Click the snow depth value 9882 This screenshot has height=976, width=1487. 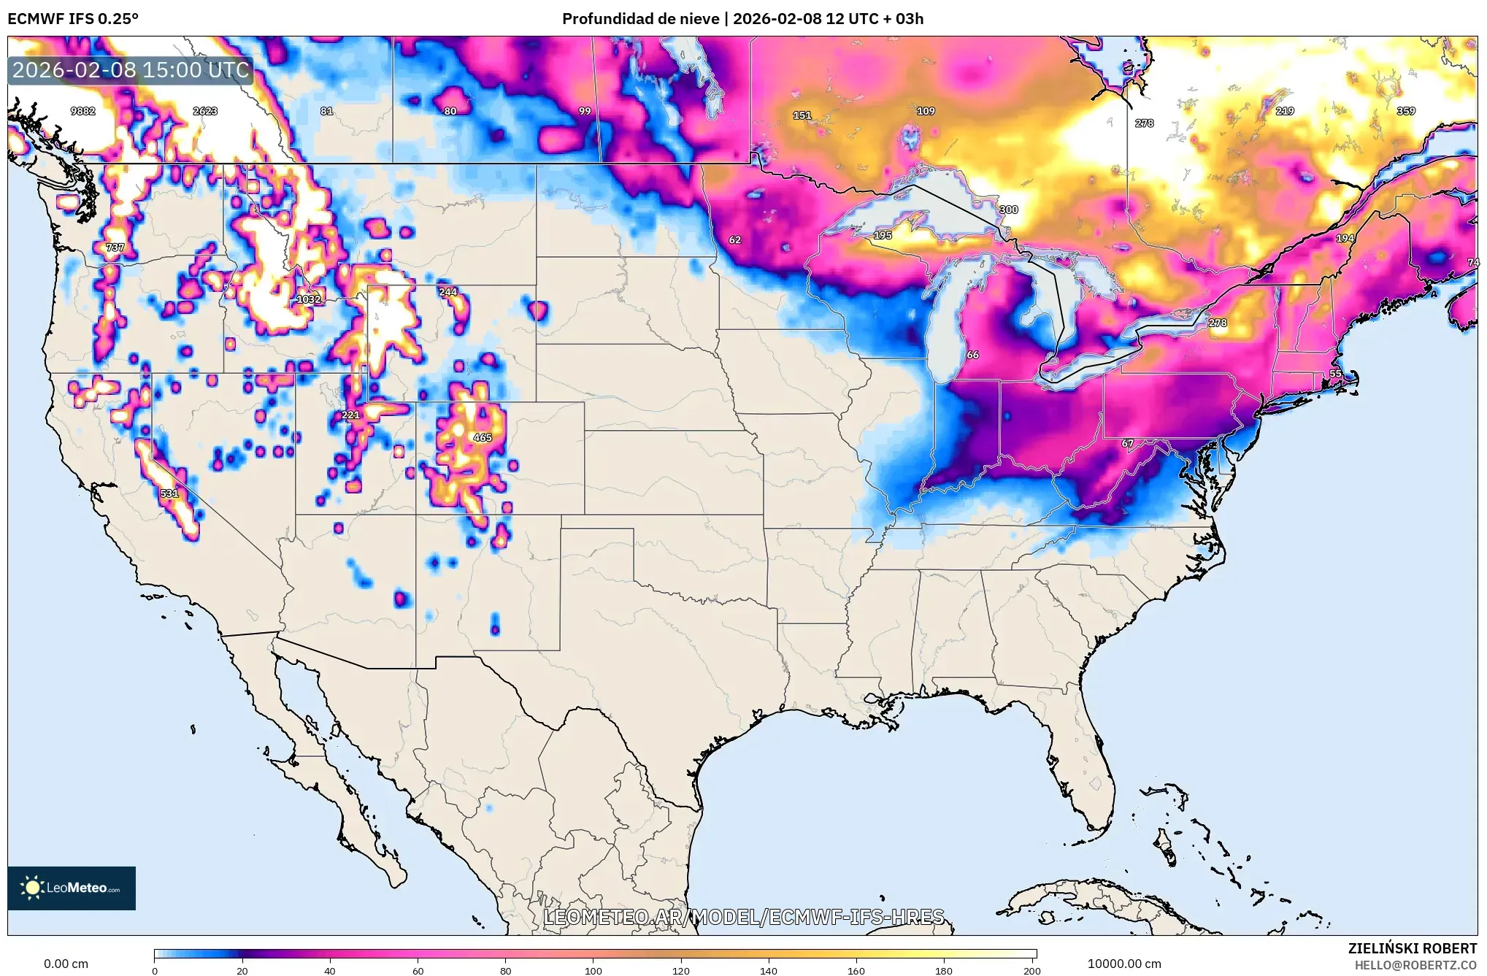(82, 111)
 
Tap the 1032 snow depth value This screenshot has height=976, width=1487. (308, 299)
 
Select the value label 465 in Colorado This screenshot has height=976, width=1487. (483, 438)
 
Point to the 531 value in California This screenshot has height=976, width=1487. (169, 493)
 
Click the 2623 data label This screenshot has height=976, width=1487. (205, 111)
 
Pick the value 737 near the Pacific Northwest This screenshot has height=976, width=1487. (115, 247)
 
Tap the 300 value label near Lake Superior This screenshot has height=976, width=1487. (1008, 210)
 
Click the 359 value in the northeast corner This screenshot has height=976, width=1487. (1406, 111)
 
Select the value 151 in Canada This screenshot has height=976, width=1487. (802, 115)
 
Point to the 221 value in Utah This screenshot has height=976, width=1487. (350, 415)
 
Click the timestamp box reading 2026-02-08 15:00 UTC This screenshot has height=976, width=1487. (131, 70)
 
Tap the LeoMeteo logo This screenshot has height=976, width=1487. (72, 888)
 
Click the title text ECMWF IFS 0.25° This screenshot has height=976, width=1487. (73, 19)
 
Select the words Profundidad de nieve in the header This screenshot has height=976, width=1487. (640, 19)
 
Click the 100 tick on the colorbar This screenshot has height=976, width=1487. (593, 971)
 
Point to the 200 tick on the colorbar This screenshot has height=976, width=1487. (1031, 971)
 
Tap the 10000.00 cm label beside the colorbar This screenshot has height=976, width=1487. (1124, 964)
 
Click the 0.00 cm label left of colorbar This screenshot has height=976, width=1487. (66, 964)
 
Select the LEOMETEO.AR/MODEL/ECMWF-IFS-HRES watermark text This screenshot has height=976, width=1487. (744, 917)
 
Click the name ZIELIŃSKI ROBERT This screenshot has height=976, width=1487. (1412, 948)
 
